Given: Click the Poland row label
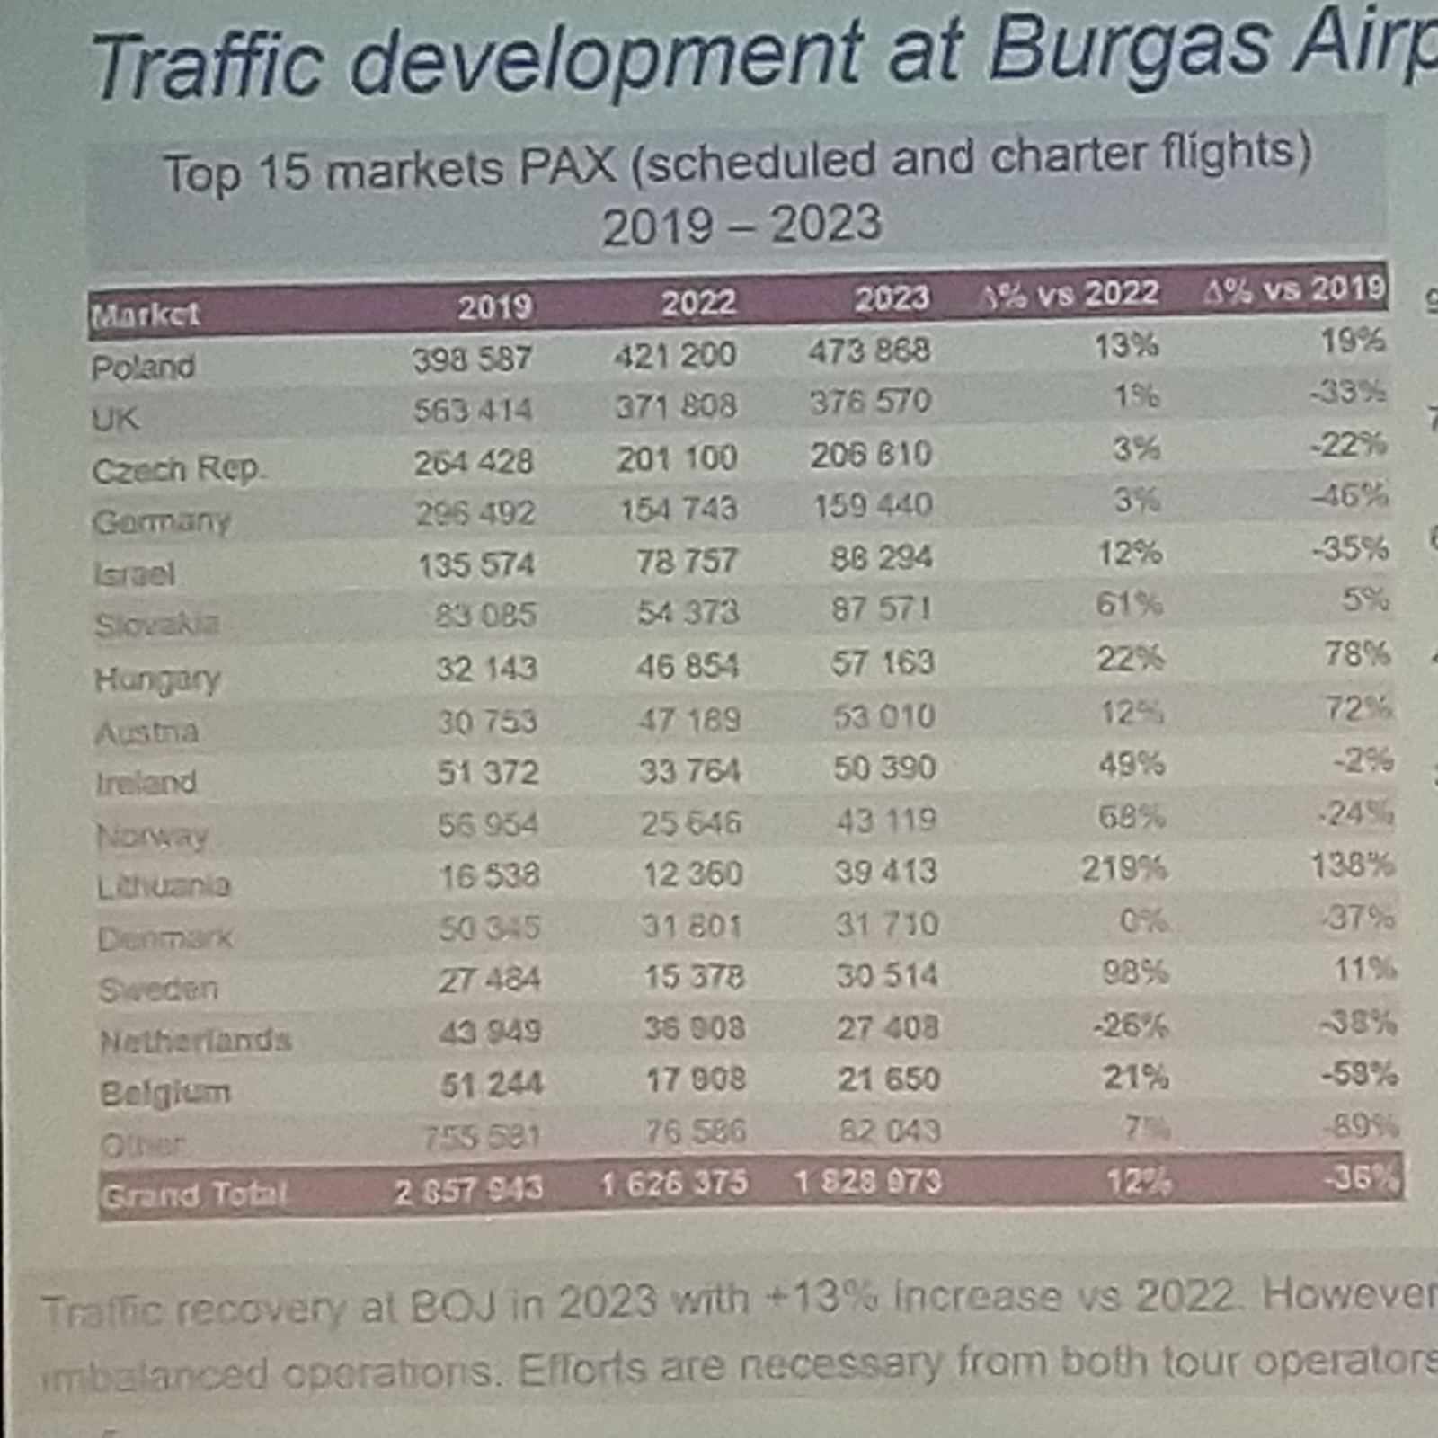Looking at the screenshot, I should tap(143, 367).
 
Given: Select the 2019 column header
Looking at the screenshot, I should tap(494, 307).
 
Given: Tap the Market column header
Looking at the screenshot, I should tap(145, 315).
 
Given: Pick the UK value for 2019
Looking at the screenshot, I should tap(473, 411).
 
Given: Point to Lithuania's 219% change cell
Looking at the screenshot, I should tap(1123, 869).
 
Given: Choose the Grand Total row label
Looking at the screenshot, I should tap(193, 1195).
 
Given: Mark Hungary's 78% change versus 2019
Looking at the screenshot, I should tap(1357, 654).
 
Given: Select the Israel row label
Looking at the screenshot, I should tap(134, 573).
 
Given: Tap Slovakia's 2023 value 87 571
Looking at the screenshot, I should tap(882, 609).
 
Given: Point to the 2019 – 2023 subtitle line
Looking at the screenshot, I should tap(741, 225).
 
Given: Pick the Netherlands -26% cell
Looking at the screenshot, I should tap(1130, 1025).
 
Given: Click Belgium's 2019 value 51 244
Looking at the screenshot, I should tap(491, 1085).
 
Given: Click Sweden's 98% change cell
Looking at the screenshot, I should tap(1135, 972).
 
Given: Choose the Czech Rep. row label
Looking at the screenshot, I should tap(177, 469).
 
